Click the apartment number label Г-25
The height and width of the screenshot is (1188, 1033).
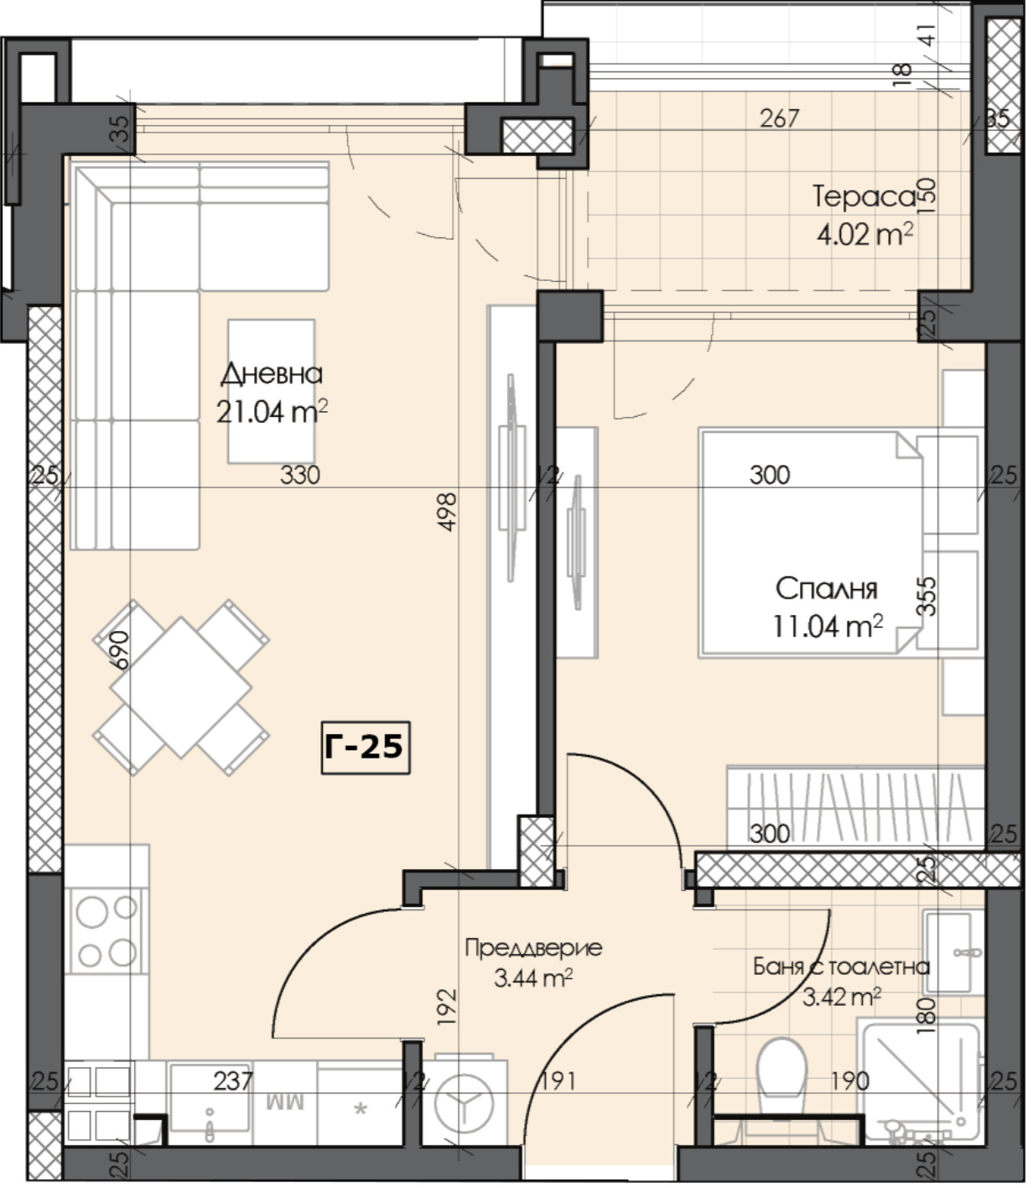coord(365,746)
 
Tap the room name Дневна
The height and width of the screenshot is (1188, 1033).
coord(272,374)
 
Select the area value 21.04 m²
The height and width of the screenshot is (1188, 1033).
coord(272,412)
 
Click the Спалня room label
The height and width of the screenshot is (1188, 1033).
coord(826,588)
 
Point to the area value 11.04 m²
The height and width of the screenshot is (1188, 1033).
coord(826,625)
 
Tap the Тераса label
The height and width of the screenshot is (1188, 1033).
coord(864,197)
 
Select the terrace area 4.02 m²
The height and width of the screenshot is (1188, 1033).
coord(864,234)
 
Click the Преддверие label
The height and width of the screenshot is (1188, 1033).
coord(533,948)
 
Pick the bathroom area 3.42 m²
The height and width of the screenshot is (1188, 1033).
coord(841,997)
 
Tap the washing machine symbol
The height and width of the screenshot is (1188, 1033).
coord(465,1102)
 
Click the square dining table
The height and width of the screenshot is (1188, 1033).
coord(180,686)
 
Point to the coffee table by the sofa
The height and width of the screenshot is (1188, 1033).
coord(272,390)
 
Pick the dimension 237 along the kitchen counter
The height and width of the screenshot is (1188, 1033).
coord(232,1081)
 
